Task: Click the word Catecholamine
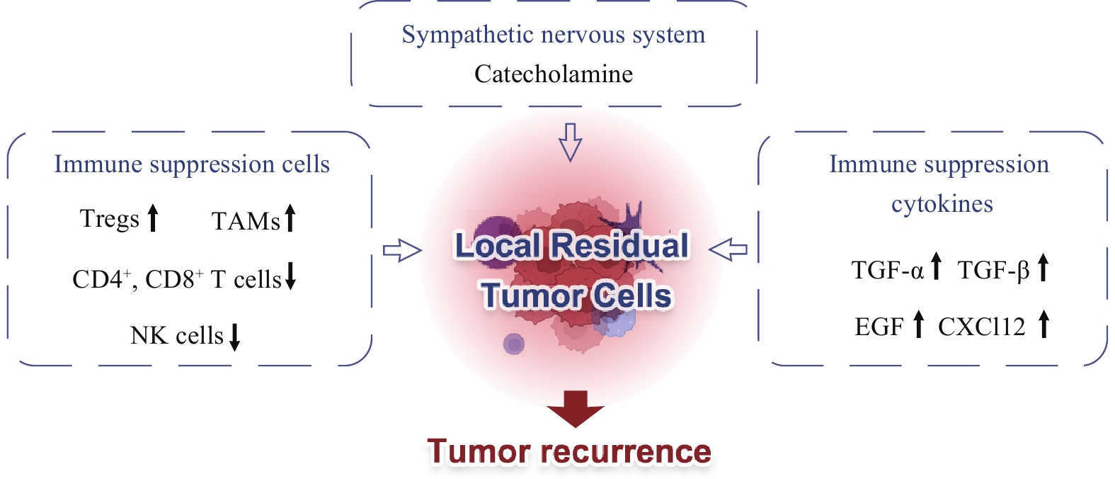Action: point(553,74)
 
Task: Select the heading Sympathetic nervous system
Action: point(553,34)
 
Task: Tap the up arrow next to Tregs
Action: point(152,218)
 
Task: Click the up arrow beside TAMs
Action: point(290,218)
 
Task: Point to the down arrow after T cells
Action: point(290,276)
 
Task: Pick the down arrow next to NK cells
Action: point(235,336)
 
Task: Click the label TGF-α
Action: point(887,270)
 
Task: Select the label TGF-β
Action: point(993,270)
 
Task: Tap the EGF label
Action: point(879,327)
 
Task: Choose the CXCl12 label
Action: point(981,327)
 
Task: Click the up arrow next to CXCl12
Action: point(1043,325)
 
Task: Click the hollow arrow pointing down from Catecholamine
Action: point(570,142)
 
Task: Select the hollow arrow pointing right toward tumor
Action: point(402,250)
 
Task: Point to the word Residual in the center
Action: point(620,246)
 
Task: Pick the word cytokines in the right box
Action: point(942,204)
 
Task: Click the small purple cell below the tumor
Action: point(514,344)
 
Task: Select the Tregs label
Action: point(109,218)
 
